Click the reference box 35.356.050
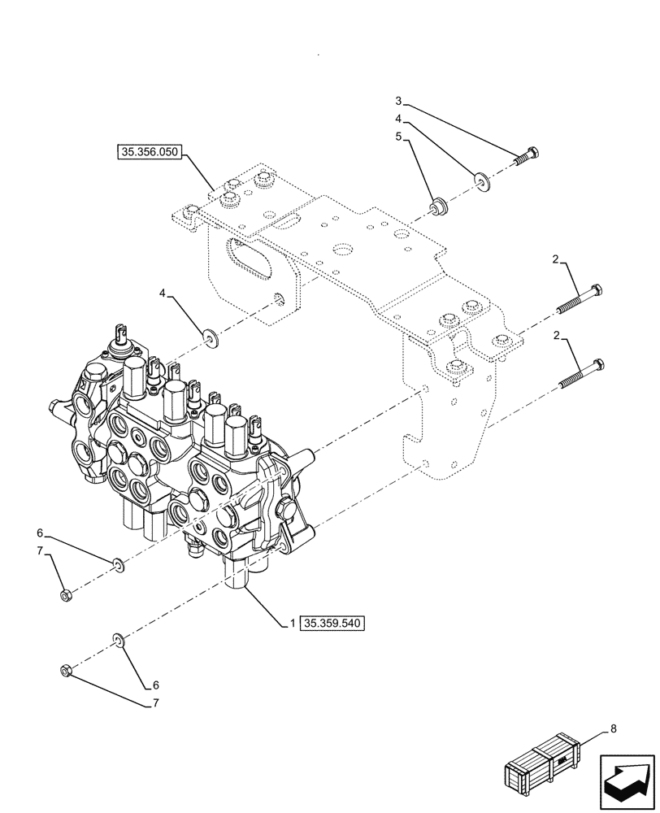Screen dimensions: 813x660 tap(151, 151)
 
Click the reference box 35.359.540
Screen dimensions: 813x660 tap(334, 624)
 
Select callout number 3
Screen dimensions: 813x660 tap(398, 101)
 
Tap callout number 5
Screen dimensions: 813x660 tap(398, 137)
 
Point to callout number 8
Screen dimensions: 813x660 tap(614, 729)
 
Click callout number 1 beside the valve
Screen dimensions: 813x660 tap(289, 624)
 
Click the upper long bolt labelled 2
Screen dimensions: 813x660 tap(579, 302)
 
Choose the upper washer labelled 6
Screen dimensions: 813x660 tap(119, 563)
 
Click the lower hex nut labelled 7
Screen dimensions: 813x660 tap(67, 671)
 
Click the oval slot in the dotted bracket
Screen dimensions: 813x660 tap(253, 263)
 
